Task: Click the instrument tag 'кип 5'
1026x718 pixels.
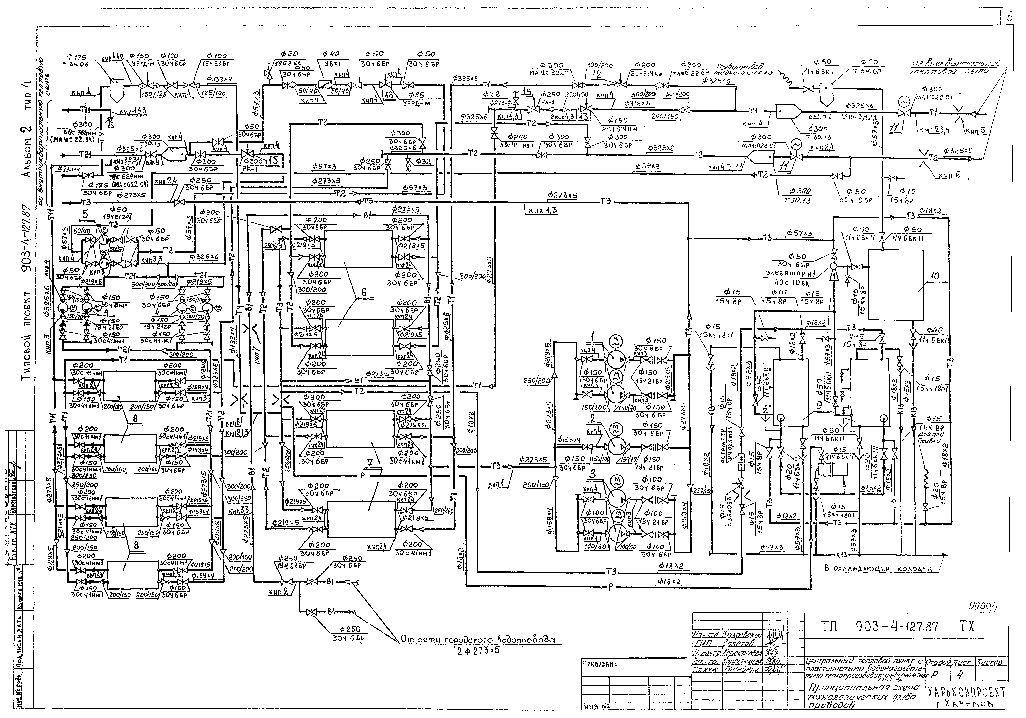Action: tap(974, 131)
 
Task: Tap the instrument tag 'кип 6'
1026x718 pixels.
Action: tap(949, 175)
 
